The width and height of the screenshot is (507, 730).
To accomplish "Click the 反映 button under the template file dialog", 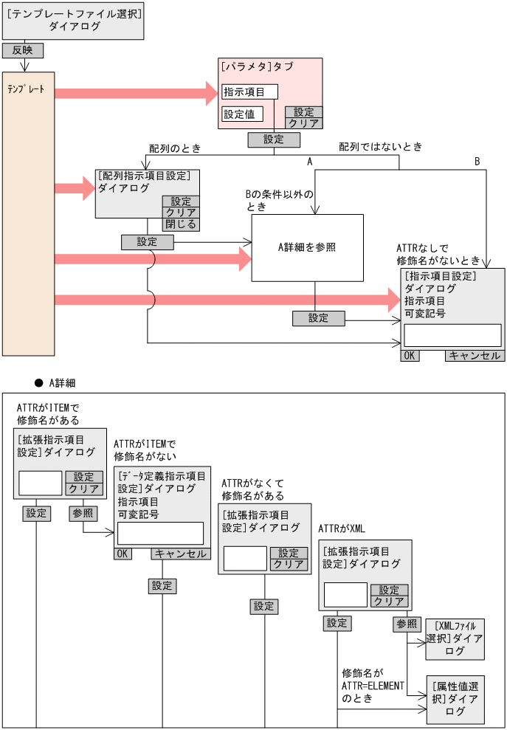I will [x=23, y=51].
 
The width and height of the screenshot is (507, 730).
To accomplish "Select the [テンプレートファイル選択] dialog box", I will [x=72, y=20].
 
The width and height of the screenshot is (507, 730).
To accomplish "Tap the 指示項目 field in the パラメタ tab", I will [x=249, y=92].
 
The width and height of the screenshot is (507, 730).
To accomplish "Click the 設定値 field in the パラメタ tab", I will [x=242, y=114].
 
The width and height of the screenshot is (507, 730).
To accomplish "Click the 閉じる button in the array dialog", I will [x=181, y=224].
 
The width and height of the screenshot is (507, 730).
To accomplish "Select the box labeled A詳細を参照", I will [x=308, y=247].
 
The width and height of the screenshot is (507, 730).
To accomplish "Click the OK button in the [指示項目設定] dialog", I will [x=410, y=355].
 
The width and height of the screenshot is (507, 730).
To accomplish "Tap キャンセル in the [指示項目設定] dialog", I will [x=475, y=355].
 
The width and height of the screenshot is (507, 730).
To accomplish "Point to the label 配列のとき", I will [x=176, y=148].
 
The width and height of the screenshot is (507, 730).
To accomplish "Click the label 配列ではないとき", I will [x=380, y=147].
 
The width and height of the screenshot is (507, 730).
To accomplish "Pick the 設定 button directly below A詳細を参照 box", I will [x=318, y=318].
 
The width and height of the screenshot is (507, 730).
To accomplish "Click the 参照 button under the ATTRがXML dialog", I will [x=407, y=624].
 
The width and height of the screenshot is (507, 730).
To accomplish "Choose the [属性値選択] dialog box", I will [x=455, y=699].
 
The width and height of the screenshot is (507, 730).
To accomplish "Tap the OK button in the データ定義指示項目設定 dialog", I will [x=123, y=554].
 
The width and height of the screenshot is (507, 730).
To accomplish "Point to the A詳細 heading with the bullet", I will [x=55, y=383].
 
